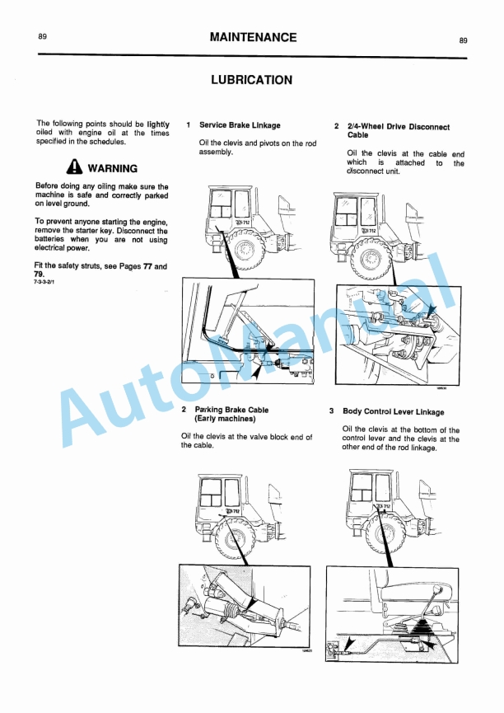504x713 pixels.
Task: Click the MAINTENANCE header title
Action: tap(252, 37)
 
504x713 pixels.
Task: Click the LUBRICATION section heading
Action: tap(251, 80)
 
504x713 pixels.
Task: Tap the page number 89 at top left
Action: tap(42, 37)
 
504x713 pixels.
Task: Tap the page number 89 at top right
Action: tap(464, 40)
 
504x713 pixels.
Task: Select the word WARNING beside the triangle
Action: tap(112, 168)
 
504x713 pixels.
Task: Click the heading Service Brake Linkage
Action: tap(240, 125)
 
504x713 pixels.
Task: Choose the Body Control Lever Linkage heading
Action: tap(393, 411)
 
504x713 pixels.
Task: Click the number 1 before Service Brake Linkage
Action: tap(189, 125)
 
